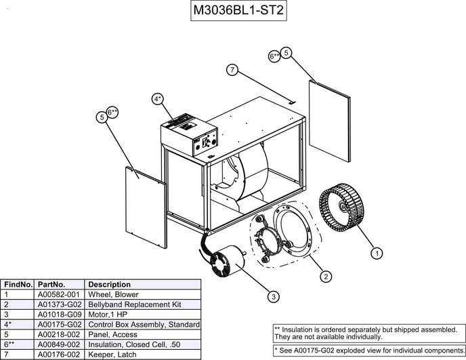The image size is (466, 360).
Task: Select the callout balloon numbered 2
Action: click(x=326, y=276)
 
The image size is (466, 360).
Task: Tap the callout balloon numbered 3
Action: click(x=273, y=296)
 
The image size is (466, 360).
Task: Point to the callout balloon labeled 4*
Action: click(x=157, y=99)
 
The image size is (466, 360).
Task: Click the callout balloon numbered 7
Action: click(x=232, y=70)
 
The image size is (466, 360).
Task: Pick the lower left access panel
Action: click(x=146, y=205)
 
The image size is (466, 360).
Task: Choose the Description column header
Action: click(x=110, y=285)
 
